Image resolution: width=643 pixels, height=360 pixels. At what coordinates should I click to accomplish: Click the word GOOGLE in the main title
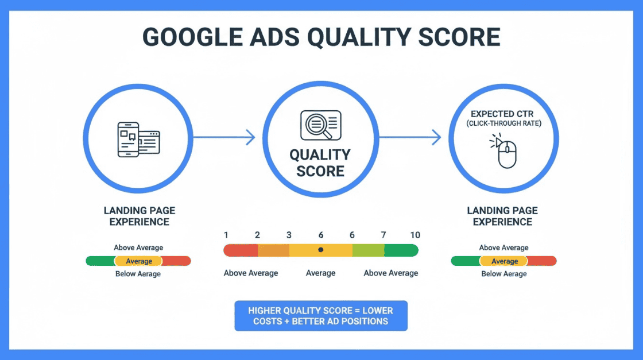(x=192, y=37)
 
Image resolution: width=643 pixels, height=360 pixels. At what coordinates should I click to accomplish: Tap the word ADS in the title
(x=274, y=37)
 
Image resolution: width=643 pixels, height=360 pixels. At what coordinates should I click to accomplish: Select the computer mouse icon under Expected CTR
(x=503, y=151)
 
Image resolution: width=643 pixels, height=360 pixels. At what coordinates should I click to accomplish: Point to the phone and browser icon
(x=138, y=140)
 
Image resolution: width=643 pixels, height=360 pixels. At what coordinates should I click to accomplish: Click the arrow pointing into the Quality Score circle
(x=224, y=137)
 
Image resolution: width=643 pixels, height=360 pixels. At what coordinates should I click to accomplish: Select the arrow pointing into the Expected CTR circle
(x=410, y=137)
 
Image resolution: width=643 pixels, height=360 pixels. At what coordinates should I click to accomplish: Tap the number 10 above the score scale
(x=415, y=235)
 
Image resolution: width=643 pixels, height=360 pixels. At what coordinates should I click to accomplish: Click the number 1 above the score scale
(x=226, y=235)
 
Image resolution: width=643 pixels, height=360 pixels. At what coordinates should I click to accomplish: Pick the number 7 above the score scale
(x=384, y=235)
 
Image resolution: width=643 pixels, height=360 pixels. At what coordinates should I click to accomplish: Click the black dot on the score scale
(x=321, y=250)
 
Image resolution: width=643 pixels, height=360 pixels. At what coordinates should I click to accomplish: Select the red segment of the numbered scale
(x=241, y=250)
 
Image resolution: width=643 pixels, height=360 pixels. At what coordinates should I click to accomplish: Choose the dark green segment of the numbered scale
(x=401, y=250)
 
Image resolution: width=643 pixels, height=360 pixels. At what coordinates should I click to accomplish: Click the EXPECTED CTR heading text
(x=502, y=114)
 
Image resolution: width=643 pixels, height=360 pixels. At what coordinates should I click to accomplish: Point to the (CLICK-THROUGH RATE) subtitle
(x=503, y=123)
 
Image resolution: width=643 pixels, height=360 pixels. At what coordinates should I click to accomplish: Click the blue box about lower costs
(x=321, y=316)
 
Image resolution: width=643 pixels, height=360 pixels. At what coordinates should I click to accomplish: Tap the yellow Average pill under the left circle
(x=138, y=261)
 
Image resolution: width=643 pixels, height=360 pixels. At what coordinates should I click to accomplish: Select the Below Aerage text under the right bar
(x=504, y=274)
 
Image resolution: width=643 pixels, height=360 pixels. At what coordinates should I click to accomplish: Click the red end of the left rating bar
(x=177, y=261)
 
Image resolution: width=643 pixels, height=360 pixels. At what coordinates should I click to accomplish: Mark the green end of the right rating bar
(x=466, y=261)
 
